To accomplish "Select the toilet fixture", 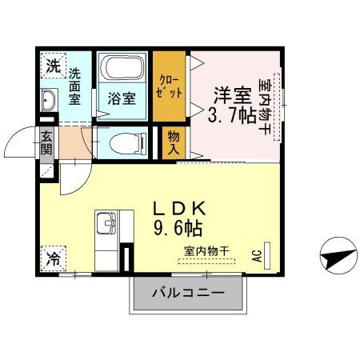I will point(121,144).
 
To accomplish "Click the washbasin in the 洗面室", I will point(47,101).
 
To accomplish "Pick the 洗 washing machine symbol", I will point(52,66).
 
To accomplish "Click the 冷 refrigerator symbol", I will point(51,259).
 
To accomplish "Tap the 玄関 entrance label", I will point(46,145).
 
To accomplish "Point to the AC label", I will point(258,256).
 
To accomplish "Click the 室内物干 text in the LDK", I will point(206,251).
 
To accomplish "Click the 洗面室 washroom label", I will point(74,87).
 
